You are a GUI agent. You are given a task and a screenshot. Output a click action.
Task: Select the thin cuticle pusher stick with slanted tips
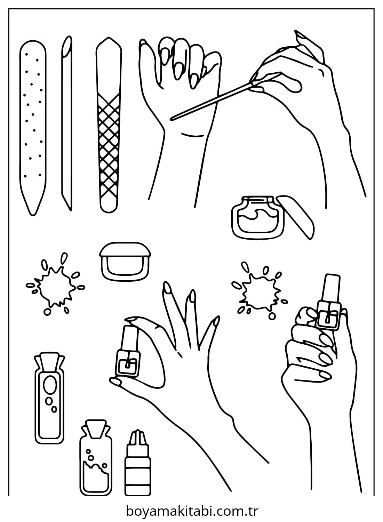tap(67, 123)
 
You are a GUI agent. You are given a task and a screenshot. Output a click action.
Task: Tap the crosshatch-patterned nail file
tap(109, 125)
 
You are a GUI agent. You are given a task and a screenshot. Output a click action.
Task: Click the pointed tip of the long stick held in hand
tap(171, 119)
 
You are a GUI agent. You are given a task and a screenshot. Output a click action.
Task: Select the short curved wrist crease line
tap(192, 135)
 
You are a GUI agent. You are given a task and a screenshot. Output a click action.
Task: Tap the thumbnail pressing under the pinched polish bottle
tap(115, 382)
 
